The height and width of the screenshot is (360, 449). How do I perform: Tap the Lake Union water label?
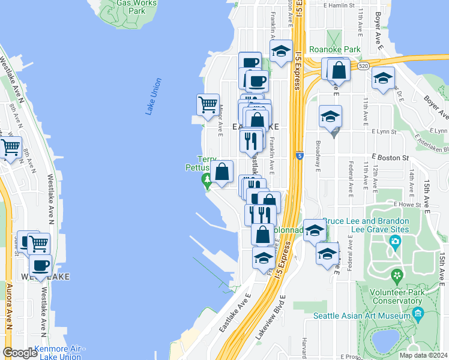154,96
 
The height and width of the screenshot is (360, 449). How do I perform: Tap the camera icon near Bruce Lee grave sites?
395,242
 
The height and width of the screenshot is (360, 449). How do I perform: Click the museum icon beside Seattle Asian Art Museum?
418,314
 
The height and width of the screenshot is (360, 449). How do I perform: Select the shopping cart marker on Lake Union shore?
207,104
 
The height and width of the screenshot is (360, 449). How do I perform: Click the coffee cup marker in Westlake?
41,265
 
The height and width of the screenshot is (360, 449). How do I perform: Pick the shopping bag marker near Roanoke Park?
339,70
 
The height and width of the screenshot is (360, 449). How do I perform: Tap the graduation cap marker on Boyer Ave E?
383,77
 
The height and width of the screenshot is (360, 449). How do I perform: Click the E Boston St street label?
393,157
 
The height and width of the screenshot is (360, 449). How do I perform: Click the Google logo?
20,353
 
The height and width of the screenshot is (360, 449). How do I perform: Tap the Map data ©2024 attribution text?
423,355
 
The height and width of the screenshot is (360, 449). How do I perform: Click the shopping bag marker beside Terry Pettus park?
221,171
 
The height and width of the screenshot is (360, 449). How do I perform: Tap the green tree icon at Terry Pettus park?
207,179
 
